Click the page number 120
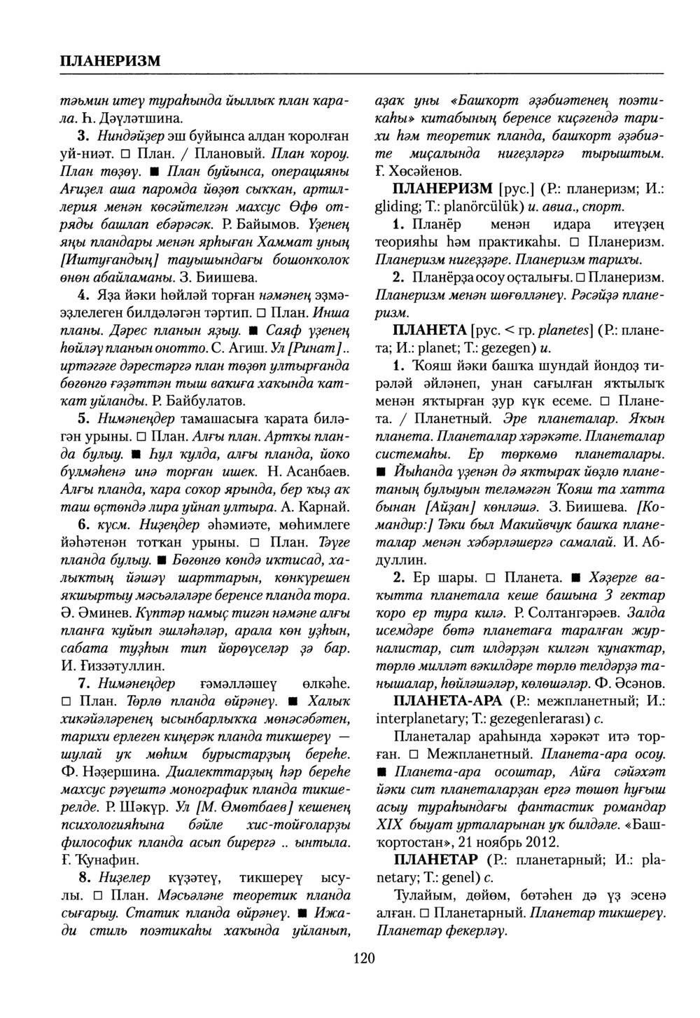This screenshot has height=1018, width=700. (363, 958)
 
